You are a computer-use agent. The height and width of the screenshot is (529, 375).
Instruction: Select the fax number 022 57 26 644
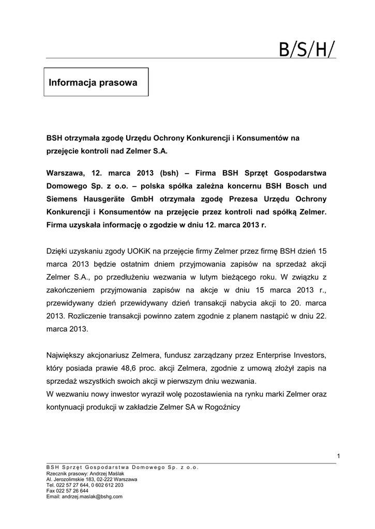67,491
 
